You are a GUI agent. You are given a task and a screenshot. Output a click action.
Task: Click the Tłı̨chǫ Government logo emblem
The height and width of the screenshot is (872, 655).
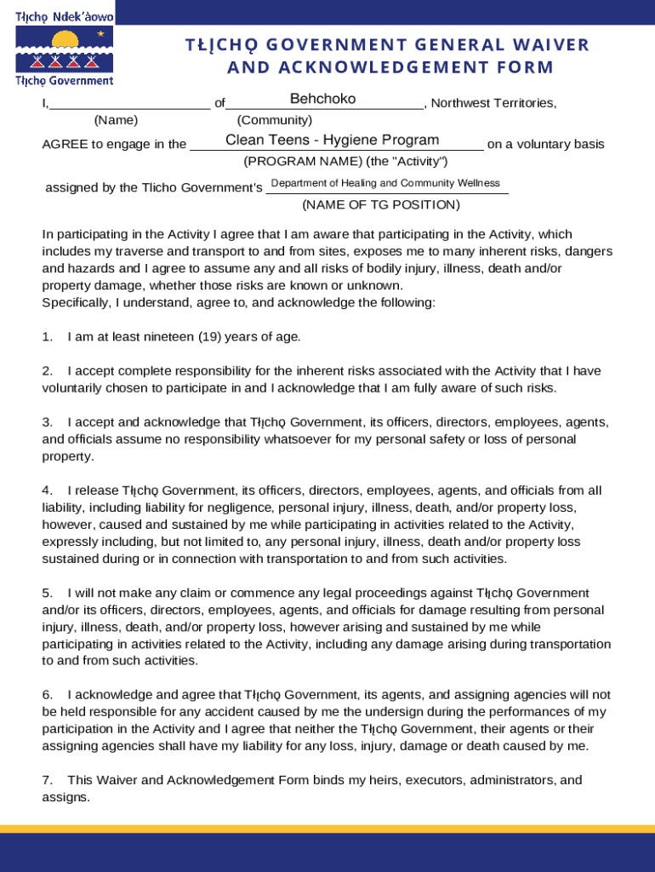(65, 49)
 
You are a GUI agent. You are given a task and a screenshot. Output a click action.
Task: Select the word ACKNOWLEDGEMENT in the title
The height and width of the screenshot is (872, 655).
(372, 67)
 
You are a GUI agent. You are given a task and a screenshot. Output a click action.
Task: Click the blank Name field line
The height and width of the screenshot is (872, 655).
(129, 104)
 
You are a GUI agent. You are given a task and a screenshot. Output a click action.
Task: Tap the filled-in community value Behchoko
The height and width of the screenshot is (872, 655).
(322, 100)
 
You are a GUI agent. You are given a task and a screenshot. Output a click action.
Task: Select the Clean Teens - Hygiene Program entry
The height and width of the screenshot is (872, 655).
(332, 141)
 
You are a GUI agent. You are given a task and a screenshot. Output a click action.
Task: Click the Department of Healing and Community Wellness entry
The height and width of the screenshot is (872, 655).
(384, 183)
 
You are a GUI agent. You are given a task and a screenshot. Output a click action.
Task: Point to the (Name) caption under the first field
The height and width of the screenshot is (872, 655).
(116, 121)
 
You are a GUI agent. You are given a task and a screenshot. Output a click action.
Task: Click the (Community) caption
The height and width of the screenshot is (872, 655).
(274, 121)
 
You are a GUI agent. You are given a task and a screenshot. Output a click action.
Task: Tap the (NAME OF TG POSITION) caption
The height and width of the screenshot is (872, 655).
(380, 204)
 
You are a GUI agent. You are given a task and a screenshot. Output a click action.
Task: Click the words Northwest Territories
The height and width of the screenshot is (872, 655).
(493, 104)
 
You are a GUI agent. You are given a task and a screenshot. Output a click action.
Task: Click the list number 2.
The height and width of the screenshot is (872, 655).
(48, 370)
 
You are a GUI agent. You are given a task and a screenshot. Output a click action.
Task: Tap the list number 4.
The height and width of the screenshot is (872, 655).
(48, 490)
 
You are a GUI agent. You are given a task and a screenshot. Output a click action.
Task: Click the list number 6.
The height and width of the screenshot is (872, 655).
(48, 695)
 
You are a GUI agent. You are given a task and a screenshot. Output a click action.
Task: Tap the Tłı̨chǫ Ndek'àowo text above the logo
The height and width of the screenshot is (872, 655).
(64, 17)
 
